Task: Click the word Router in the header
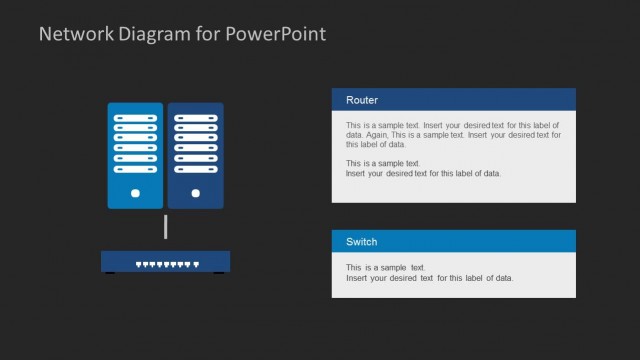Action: coord(362,100)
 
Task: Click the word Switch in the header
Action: coord(362,242)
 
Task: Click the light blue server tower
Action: coord(135,155)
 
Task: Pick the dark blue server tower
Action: coord(196,155)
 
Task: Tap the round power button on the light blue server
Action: coord(135,193)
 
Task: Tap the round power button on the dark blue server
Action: coord(196,193)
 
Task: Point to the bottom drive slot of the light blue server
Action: coord(135,167)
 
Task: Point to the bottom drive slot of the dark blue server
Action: coord(196,167)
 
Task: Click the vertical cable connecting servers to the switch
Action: coord(165,228)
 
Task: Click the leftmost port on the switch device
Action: coord(138,264)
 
